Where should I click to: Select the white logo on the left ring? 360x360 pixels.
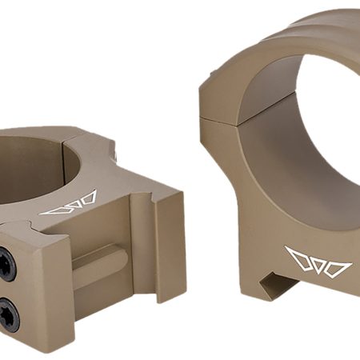[x=69, y=205]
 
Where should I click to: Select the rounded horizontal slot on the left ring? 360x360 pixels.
[x=96, y=259]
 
